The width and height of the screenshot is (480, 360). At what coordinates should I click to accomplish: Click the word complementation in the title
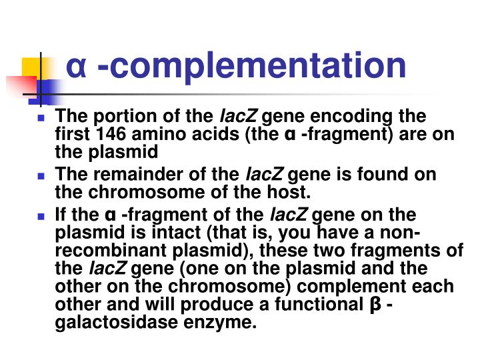(251, 66)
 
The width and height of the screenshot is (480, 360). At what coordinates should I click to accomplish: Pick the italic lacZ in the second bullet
(265, 175)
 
